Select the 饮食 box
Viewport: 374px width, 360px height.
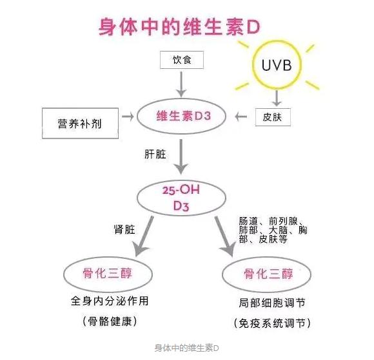[x=181, y=61]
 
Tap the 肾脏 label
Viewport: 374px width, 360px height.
[x=123, y=229]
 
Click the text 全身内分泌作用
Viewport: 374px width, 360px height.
[x=109, y=301]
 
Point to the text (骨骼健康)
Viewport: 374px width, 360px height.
[x=109, y=320]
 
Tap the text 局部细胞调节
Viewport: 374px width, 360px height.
[x=266, y=301]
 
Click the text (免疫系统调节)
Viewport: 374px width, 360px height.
[x=266, y=321]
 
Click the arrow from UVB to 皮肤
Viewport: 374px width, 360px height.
[x=277, y=97]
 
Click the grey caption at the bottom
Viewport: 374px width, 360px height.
[x=187, y=348]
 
